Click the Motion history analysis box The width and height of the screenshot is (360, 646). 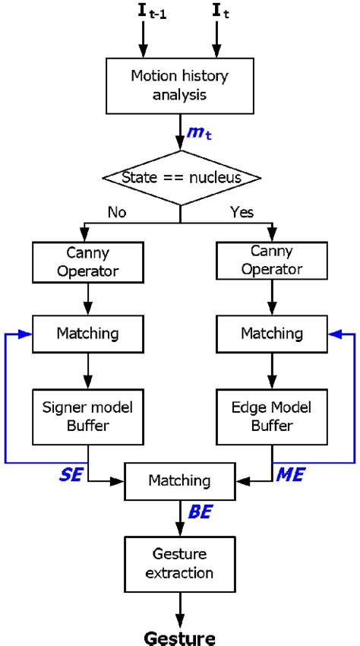(181, 86)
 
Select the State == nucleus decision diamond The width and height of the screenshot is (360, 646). (182, 177)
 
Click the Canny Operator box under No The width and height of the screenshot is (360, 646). (88, 261)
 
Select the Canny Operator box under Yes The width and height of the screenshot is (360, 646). (271, 261)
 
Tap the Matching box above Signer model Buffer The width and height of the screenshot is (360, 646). (88, 332)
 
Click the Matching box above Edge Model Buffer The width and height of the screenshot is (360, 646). (271, 332)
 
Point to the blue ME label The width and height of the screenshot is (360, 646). (289, 474)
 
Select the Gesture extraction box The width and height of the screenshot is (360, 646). (180, 562)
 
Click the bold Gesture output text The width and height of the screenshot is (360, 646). (181, 635)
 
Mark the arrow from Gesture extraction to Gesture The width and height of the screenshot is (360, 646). (181, 604)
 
